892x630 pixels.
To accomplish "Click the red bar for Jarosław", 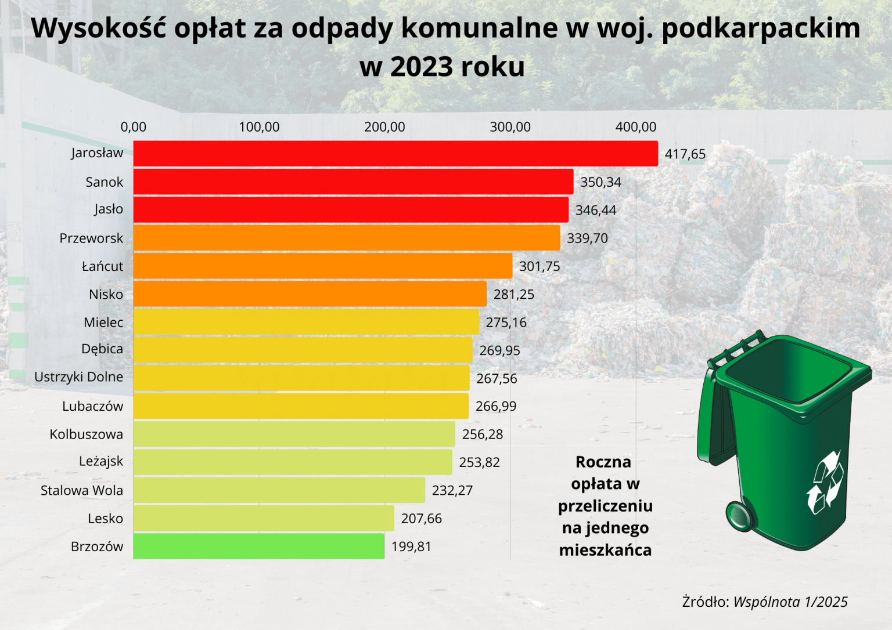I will point(395,154).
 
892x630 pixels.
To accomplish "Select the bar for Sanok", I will point(353,182).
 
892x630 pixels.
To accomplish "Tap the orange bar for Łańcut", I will point(322,266).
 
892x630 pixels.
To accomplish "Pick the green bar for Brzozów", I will point(258,546).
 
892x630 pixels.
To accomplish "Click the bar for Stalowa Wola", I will point(279,490).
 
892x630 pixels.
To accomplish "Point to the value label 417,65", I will point(685,154).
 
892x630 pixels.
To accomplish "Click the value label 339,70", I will point(587,238).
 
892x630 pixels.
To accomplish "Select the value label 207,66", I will point(421,519).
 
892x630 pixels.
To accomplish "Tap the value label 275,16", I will point(506,323).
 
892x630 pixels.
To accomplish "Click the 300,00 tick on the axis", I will point(510,127).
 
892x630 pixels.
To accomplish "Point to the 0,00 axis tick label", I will point(133,127).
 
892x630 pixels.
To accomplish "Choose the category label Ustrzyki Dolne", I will point(78,377).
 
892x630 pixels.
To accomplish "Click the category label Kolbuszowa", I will point(86,435).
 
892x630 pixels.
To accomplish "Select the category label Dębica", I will point(102,349).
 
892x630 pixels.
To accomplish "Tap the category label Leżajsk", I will point(101,462).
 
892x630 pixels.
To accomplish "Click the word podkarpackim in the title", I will point(761,28).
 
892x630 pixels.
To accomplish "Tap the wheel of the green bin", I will point(739,515).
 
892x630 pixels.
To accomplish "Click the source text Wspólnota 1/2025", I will point(790,602).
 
